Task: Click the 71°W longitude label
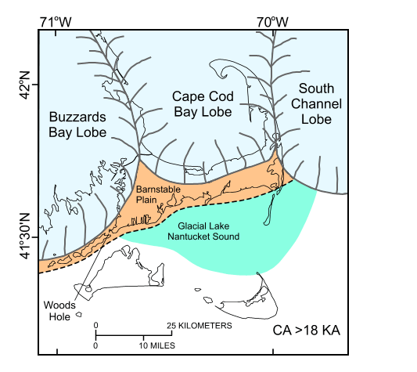[56, 21]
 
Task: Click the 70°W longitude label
[273, 21]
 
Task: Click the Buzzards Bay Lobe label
[81, 124]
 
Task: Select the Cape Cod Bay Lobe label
[202, 104]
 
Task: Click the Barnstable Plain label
[155, 194]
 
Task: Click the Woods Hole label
[60, 310]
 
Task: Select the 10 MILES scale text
[158, 345]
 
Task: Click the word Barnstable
[155, 190]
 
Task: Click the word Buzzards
[81, 116]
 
